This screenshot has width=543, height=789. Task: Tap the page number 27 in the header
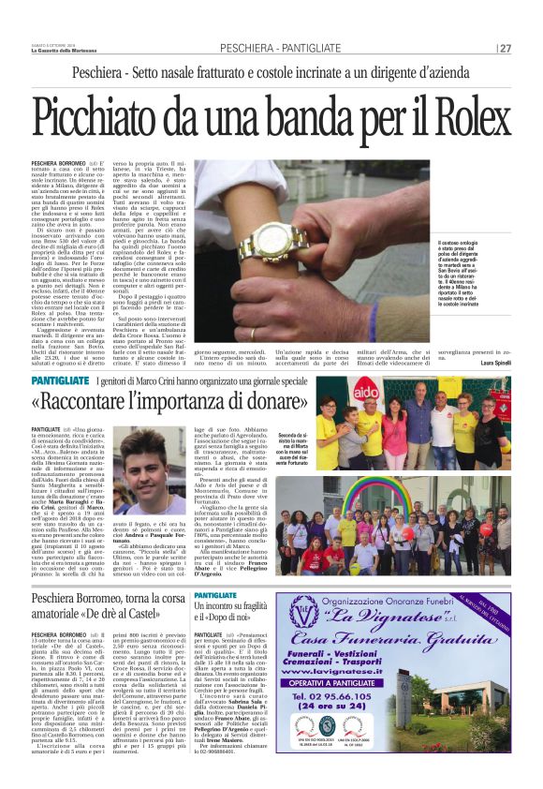tap(505, 49)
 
